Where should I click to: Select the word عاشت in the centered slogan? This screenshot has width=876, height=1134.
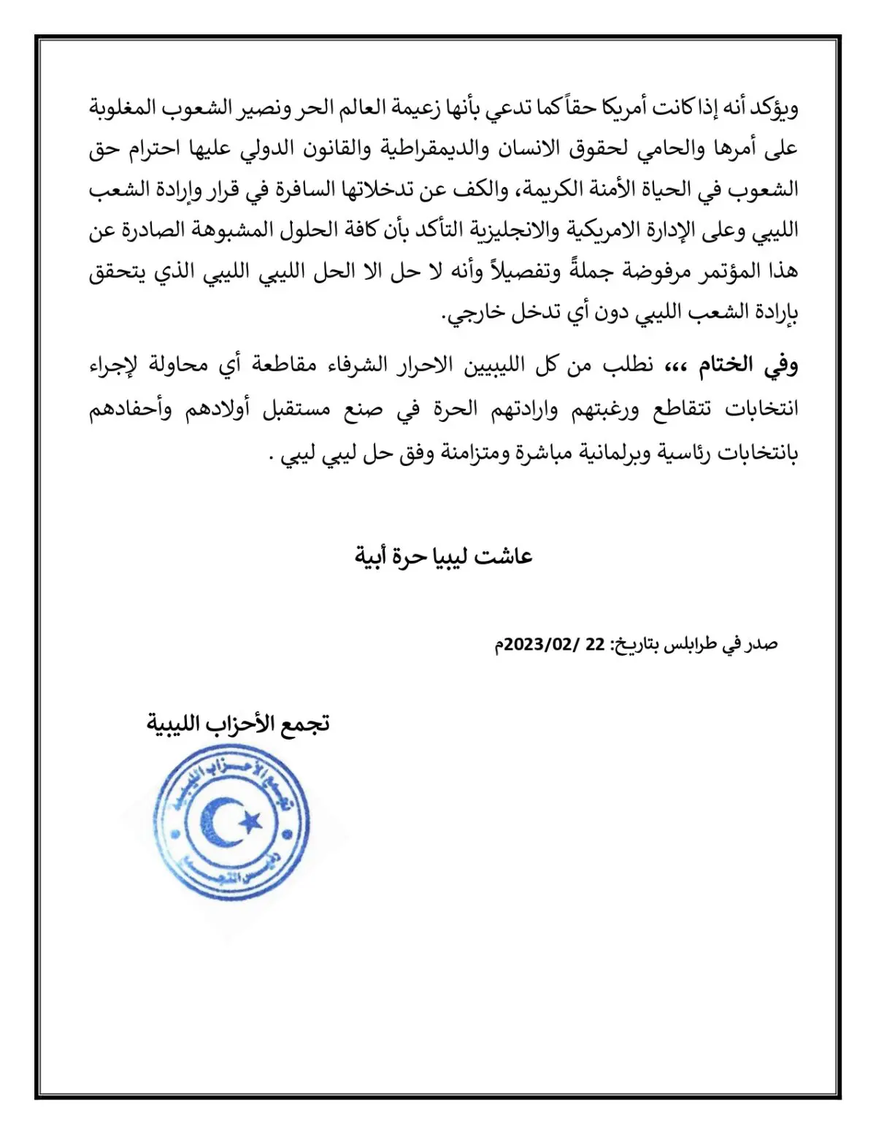coord(504,556)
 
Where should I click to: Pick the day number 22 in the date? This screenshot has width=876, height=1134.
coord(596,644)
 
